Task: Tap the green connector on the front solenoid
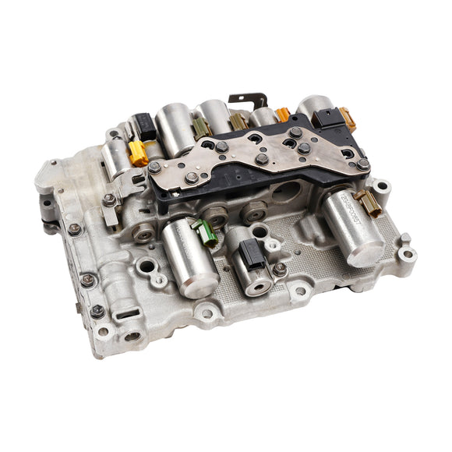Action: tap(207, 231)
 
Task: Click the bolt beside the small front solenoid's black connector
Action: tap(279, 268)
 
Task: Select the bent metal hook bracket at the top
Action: tap(248, 101)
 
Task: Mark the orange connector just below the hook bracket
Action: tap(281, 115)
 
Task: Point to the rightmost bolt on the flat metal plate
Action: tap(363, 164)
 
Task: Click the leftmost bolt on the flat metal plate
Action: tap(155, 167)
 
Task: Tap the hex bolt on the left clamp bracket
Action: tap(110, 200)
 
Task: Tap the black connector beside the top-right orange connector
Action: tap(326, 118)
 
